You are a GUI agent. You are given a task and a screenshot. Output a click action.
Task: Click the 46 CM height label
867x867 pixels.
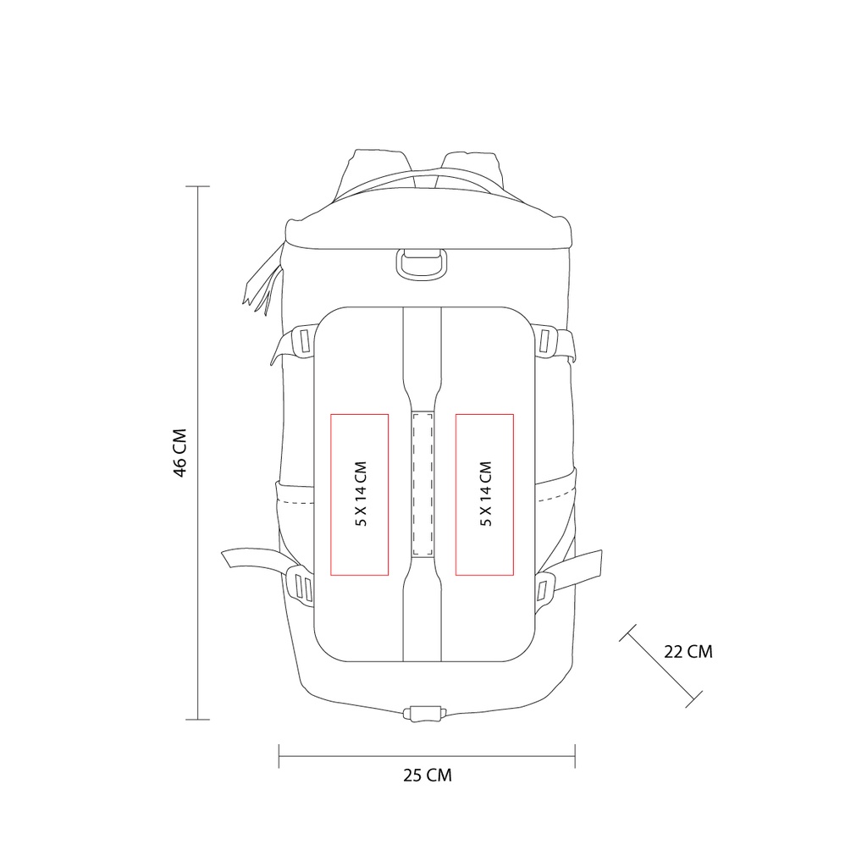pyautogui.click(x=179, y=452)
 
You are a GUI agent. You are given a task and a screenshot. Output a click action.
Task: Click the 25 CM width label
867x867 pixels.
pyautogui.click(x=428, y=775)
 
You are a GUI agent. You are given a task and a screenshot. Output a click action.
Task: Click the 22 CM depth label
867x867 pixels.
pyautogui.click(x=688, y=652)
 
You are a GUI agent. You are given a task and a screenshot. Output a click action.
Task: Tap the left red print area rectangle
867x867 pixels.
pyautogui.click(x=359, y=494)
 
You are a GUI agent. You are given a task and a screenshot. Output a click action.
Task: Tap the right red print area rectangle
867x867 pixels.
pyautogui.click(x=485, y=494)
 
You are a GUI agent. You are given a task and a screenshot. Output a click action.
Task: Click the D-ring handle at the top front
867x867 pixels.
pyautogui.click(x=422, y=263)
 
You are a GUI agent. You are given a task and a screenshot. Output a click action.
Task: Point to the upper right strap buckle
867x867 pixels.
pyautogui.click(x=544, y=341)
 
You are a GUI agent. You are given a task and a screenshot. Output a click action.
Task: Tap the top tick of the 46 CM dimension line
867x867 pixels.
pyautogui.click(x=197, y=186)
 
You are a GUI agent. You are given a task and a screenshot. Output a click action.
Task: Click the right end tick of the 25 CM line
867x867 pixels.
pyautogui.click(x=575, y=756)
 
